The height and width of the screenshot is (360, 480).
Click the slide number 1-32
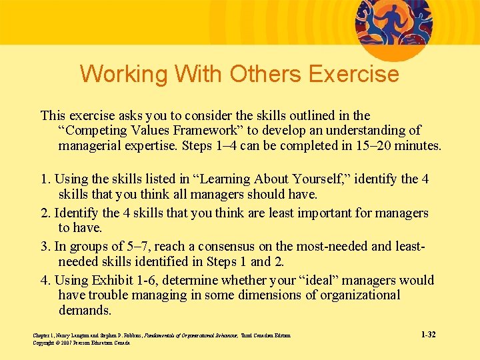[428, 334]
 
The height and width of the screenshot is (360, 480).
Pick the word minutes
[418, 145]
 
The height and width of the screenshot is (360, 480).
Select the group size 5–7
[128, 247]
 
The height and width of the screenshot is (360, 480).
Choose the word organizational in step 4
[356, 295]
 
